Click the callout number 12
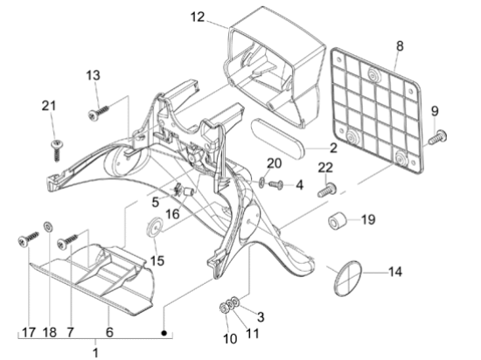198,17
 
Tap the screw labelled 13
99,112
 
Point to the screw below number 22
327,190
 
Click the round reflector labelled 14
347,278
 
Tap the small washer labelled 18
48,226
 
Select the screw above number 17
28,239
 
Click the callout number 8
400,46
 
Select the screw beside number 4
275,184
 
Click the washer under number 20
262,183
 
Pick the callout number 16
172,214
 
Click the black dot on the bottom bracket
164,333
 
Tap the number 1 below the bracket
95,353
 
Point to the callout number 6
109,332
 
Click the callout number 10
230,339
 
